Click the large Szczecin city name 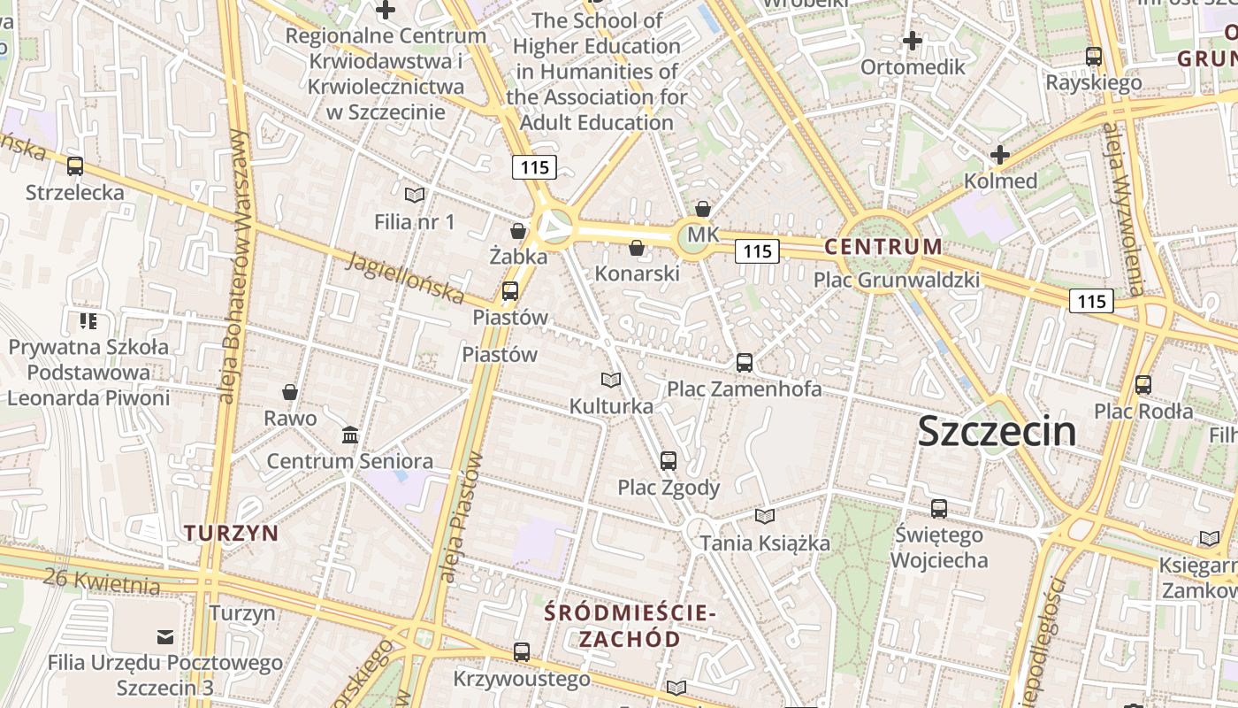tap(997, 432)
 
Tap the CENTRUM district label tap(883, 247)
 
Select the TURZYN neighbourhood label tap(231, 533)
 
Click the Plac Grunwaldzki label tap(897, 281)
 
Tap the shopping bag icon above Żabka tap(518, 231)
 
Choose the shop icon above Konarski tap(637, 248)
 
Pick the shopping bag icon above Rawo tap(289, 392)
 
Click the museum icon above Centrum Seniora tap(350, 435)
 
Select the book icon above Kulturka tap(611, 380)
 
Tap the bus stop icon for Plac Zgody tap(669, 460)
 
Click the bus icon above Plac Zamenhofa tap(745, 362)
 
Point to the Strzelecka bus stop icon tap(75, 165)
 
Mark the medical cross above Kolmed tap(1000, 155)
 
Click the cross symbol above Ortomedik tap(913, 41)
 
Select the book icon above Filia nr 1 tap(414, 195)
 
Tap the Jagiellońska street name tap(406, 275)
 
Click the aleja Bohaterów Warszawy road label tap(232, 265)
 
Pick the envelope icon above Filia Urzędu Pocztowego tap(165, 636)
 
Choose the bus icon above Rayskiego tap(1094, 57)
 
